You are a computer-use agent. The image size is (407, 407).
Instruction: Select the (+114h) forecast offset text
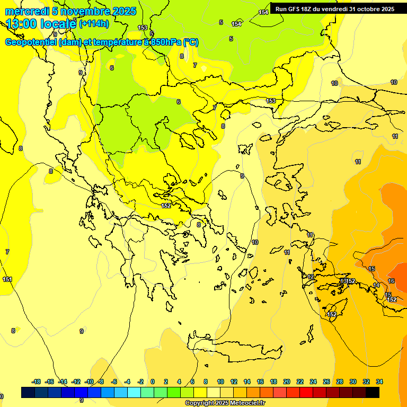(x=94, y=23)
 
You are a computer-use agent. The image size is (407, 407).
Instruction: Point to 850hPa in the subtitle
(x=162, y=42)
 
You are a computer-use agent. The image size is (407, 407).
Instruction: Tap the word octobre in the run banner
(x=370, y=9)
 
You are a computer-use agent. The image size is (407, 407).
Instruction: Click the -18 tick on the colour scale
(x=36, y=382)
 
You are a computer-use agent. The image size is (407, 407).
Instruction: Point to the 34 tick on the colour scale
(x=379, y=382)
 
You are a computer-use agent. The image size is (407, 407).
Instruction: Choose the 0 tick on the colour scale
(x=153, y=382)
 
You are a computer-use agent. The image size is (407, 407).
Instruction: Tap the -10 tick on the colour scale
(x=89, y=382)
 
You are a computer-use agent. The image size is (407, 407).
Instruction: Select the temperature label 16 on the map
(x=391, y=281)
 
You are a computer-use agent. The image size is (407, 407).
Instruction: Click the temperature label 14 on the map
(x=376, y=285)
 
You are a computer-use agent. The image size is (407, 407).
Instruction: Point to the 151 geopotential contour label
(x=7, y=279)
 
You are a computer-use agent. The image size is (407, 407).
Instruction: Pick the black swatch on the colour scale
(x=372, y=392)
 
